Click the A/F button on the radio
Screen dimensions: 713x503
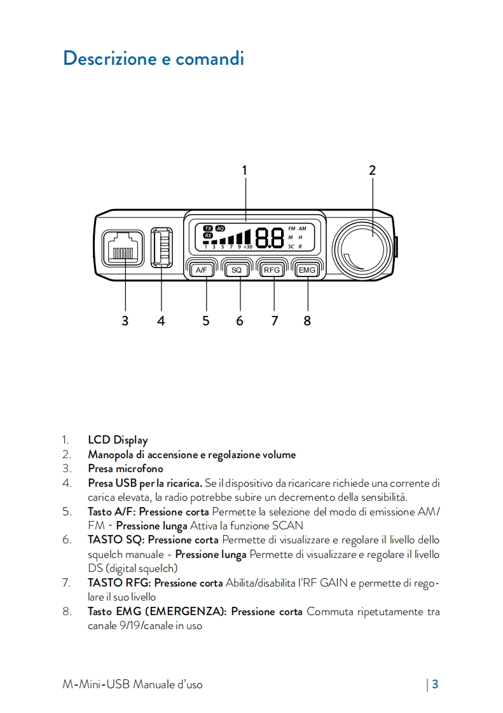coord(202,270)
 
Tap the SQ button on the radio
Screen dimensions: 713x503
coord(237,270)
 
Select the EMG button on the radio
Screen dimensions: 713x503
coord(307,270)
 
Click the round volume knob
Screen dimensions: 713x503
coord(364,247)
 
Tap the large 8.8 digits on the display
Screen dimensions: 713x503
coord(270,238)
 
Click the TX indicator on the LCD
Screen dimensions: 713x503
coord(208,228)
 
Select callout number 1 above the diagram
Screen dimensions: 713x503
coord(245,170)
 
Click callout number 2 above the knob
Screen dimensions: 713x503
coord(372,170)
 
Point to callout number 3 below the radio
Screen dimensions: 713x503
coord(125,321)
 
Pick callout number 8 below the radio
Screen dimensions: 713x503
coord(307,321)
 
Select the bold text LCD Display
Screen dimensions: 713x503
coord(118,440)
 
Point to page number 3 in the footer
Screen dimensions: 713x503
coord(436,684)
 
